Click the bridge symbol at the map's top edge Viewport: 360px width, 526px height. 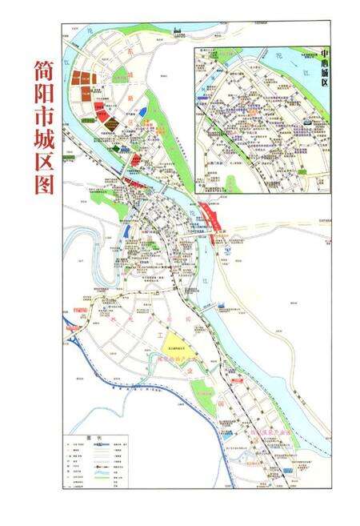pyautogui.click(x=178, y=32)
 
